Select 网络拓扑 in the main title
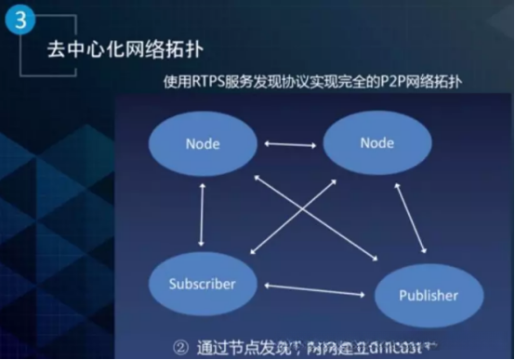coord(162,50)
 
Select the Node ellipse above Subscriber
coord(202,145)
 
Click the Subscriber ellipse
coord(202,283)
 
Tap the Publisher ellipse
coord(429,296)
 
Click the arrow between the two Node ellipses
coord(290,144)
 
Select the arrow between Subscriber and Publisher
coord(314,290)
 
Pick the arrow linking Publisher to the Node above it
coord(411,218)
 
